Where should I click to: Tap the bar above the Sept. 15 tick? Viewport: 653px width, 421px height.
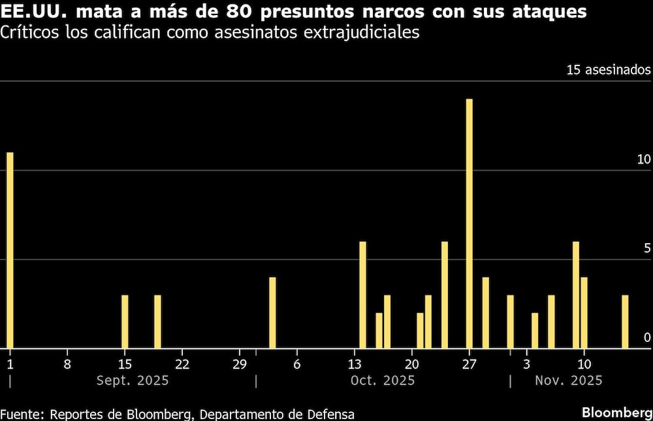coord(125,322)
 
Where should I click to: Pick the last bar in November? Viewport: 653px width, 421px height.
coord(625,322)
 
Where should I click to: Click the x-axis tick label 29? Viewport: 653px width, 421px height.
coord(239,363)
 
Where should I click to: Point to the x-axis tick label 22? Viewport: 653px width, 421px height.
coord(182,363)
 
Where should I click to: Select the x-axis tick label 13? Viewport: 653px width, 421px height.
coord(355,363)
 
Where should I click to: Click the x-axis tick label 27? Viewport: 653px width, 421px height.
coord(470,363)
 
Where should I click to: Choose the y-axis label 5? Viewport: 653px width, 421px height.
coord(647,249)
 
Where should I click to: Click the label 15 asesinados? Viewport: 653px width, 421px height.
coord(608,70)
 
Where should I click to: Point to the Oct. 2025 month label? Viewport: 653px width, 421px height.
coord(383,380)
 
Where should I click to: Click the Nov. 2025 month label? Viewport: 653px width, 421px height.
coord(568,380)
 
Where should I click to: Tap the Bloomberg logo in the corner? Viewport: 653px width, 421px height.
coord(616,413)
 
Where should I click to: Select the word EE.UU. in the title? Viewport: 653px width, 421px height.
coord(32,12)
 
